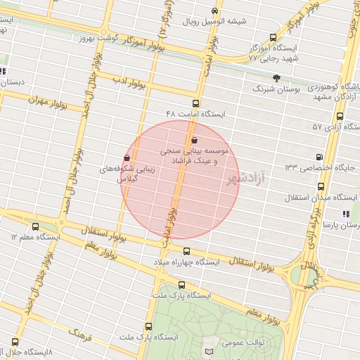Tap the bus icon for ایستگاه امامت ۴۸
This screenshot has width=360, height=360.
click(x=196, y=103)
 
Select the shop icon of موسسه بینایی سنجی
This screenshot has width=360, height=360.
click(x=194, y=140)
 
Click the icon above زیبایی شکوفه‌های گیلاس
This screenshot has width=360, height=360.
click(x=127, y=157)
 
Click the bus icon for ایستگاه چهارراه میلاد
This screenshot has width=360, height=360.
click(x=186, y=251)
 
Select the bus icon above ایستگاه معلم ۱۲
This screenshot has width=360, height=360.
click(x=36, y=226)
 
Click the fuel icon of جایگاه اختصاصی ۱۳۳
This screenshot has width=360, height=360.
click(x=321, y=156)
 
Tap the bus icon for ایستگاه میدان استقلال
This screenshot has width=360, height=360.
click(x=321, y=187)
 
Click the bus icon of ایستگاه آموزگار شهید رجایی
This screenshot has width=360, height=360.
click(x=273, y=38)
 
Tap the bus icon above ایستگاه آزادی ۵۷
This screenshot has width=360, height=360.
click(x=340, y=116)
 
